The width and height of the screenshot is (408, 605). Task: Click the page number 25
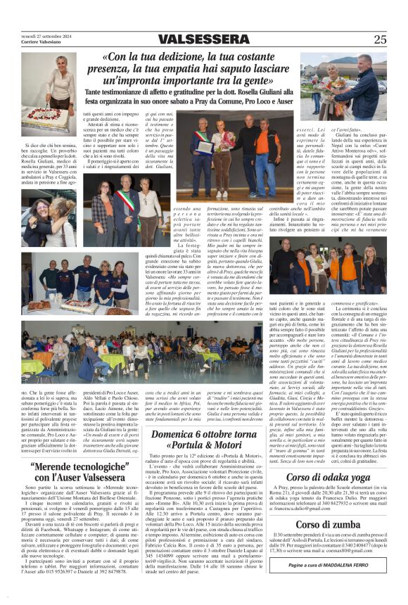pos(380,39)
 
